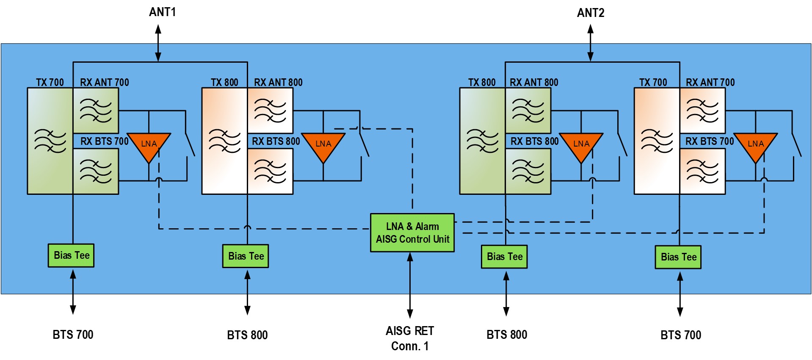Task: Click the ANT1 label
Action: [162, 12]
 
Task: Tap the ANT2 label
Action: [591, 13]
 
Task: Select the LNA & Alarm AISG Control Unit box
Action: [412, 233]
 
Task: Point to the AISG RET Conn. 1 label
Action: [410, 338]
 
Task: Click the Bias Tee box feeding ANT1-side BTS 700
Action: [71, 255]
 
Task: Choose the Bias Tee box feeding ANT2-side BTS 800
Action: [504, 256]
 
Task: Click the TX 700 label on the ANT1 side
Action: [50, 82]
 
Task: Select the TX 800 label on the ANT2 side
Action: [482, 82]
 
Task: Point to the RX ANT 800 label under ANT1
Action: [278, 82]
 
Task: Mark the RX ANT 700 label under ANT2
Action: [710, 82]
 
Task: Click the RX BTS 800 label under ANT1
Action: [276, 141]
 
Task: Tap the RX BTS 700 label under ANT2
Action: [710, 141]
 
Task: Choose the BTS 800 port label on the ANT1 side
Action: [247, 335]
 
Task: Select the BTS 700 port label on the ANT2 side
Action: [681, 335]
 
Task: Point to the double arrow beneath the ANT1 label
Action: [158, 43]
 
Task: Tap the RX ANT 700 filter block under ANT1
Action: [96, 111]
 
